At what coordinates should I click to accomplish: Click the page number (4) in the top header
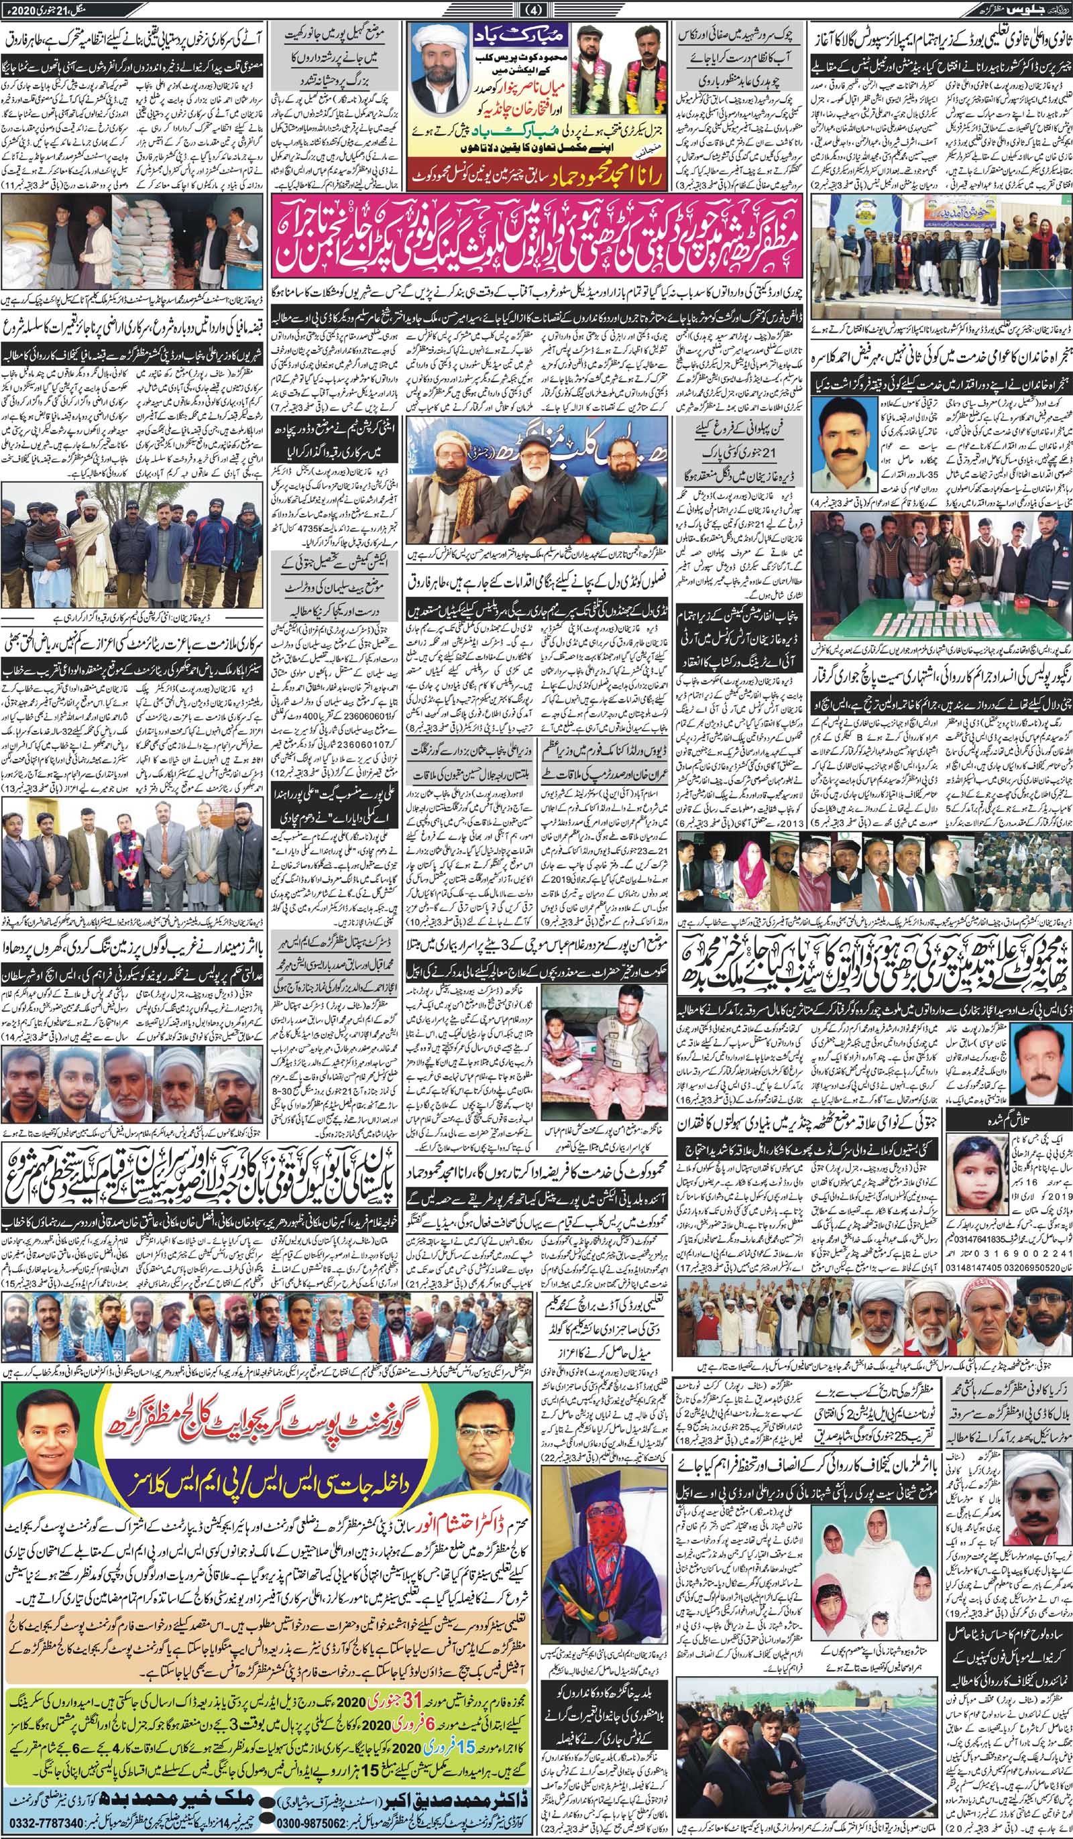point(536,9)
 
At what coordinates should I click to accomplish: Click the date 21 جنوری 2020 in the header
point(44,9)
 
